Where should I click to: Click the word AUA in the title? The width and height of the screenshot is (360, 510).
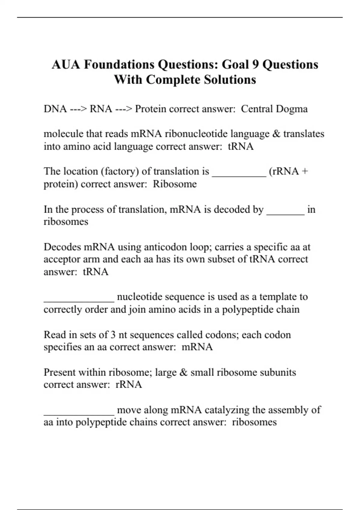point(66,64)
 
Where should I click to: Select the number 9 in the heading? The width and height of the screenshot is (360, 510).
point(255,64)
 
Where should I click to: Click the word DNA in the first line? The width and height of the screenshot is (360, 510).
point(55,109)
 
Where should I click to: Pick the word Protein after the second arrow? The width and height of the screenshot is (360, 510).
point(150,109)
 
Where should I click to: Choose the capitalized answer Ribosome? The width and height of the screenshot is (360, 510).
point(175,184)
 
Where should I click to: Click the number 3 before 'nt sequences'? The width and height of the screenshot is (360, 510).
point(113,335)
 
